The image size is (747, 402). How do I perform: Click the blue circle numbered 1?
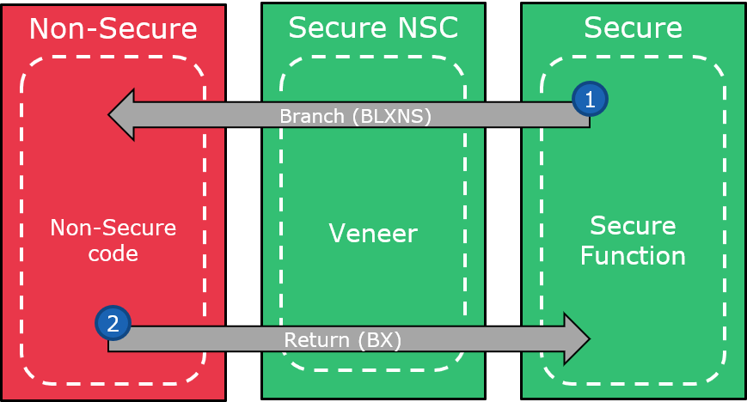tap(590, 100)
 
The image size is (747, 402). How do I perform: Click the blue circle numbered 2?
tap(113, 323)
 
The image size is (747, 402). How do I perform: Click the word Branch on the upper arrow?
tap(311, 116)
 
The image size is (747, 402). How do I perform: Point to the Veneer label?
tap(373, 233)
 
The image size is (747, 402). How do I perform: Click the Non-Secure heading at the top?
tap(113, 28)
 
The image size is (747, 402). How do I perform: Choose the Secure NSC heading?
tap(373, 28)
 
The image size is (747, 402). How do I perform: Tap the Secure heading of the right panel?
tap(633, 28)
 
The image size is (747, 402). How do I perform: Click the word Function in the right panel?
tap(633, 256)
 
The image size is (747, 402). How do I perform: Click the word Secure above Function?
tap(633, 227)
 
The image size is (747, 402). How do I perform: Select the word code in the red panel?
tap(113, 255)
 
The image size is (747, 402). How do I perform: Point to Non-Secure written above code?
tap(113, 228)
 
